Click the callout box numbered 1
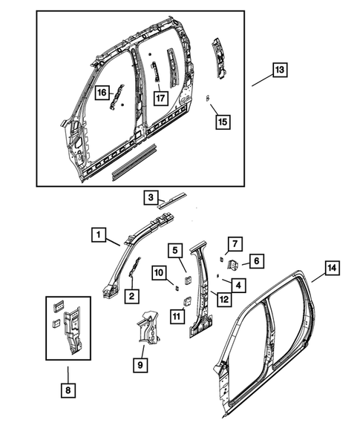click(x=98, y=235)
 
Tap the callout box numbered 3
click(x=151, y=197)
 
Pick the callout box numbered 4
click(x=237, y=284)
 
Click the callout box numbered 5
click(x=174, y=250)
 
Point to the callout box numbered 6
click(x=254, y=260)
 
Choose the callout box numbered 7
click(x=233, y=243)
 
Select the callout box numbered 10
click(x=160, y=274)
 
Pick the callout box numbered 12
click(x=222, y=298)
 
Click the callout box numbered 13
click(x=280, y=70)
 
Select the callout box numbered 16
click(x=102, y=92)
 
